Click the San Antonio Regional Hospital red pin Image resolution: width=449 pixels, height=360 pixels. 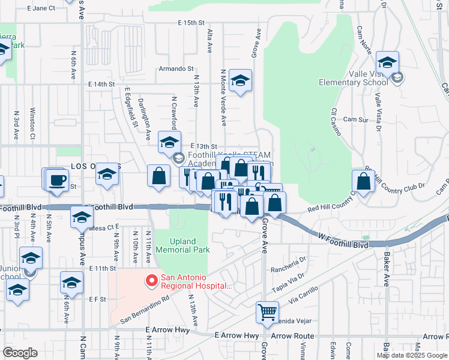pyautogui.click(x=151, y=280)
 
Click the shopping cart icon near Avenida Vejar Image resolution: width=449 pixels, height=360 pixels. pyautogui.click(x=267, y=312)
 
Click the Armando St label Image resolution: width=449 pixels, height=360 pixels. pyautogui.click(x=176, y=69)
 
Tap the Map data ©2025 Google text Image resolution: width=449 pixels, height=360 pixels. pyautogui.click(x=412, y=355)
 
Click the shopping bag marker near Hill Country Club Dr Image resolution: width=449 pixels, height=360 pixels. pyautogui.click(x=364, y=181)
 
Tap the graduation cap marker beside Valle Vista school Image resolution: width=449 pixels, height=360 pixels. pyautogui.click(x=388, y=62)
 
